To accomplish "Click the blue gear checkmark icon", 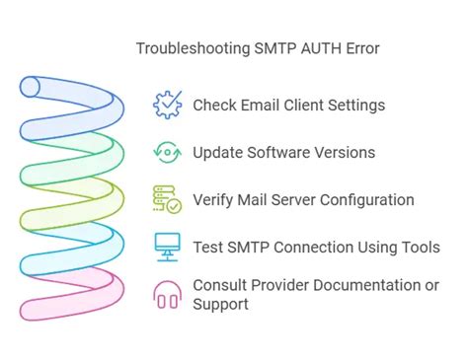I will [167, 105].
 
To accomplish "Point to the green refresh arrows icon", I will [167, 153].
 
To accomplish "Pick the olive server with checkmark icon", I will [167, 200].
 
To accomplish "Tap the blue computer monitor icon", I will [167, 248].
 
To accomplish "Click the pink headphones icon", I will [167, 295].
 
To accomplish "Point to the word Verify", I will [214, 200].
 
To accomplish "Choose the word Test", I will [207, 248].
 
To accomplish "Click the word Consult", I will [220, 286].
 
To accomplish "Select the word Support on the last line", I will [221, 305].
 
